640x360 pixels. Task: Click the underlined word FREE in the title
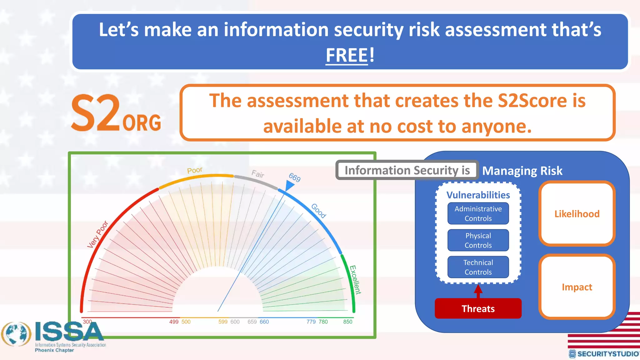pos(347,55)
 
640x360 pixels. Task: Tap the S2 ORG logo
pos(116,113)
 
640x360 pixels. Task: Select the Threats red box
pos(478,308)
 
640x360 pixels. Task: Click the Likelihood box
pos(577,214)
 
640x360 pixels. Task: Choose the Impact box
pos(577,287)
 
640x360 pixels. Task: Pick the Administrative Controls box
pos(478,213)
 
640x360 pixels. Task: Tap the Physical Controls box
pos(478,240)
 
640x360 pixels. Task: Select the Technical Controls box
pos(478,267)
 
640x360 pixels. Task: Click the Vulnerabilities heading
pos(478,195)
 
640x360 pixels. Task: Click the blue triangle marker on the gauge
pos(289,186)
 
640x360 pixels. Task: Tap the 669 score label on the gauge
pos(294,177)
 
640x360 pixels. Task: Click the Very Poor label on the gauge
pos(97,234)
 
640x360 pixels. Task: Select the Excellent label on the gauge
pos(355,280)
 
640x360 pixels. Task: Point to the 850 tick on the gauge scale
pos(347,322)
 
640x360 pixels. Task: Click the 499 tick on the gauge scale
pos(174,322)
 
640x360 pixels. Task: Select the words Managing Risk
pos(522,171)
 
